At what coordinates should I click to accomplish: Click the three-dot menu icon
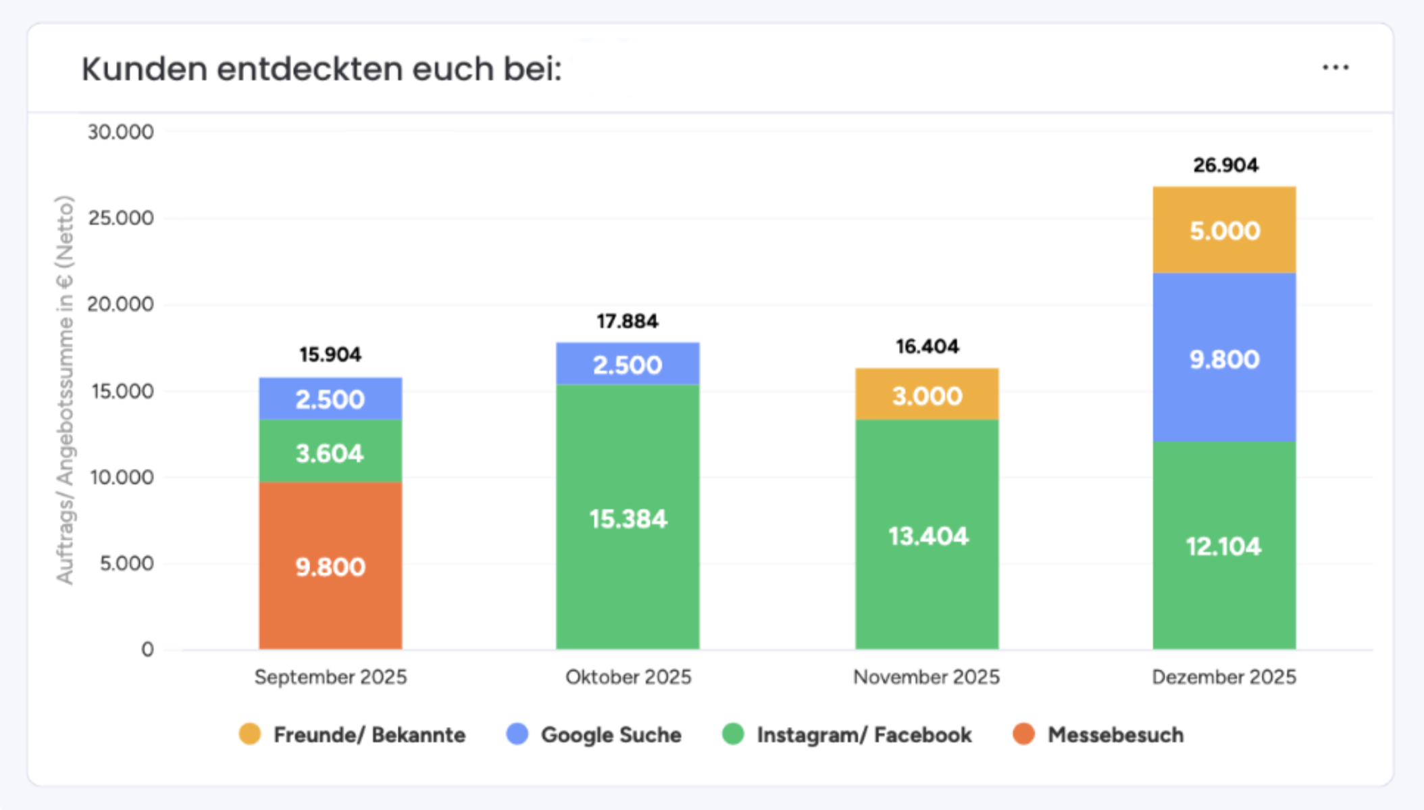(x=1336, y=68)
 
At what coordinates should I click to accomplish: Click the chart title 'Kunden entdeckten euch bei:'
(x=322, y=69)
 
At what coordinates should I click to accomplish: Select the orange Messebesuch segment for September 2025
(x=330, y=566)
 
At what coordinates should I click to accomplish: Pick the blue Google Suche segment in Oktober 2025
(x=628, y=365)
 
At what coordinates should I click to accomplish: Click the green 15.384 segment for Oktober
(x=628, y=519)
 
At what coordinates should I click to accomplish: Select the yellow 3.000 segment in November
(x=927, y=395)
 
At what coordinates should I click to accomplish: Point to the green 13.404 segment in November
(x=927, y=536)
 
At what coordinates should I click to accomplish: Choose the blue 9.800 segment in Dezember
(x=1224, y=359)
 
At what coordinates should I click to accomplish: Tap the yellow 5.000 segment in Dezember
(x=1224, y=231)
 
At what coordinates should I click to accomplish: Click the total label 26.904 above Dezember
(x=1225, y=166)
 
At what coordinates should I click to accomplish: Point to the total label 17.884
(x=627, y=322)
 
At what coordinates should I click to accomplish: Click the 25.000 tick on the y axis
(x=120, y=218)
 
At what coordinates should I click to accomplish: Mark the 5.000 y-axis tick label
(x=126, y=563)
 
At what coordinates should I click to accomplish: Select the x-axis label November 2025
(x=926, y=677)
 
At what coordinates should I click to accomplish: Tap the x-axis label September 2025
(x=330, y=677)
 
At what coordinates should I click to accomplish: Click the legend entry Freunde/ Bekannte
(x=369, y=734)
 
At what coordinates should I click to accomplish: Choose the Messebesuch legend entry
(x=1115, y=734)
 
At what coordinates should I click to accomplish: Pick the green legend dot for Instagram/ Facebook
(x=733, y=734)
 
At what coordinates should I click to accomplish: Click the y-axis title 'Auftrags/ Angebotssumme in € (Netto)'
(x=65, y=390)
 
